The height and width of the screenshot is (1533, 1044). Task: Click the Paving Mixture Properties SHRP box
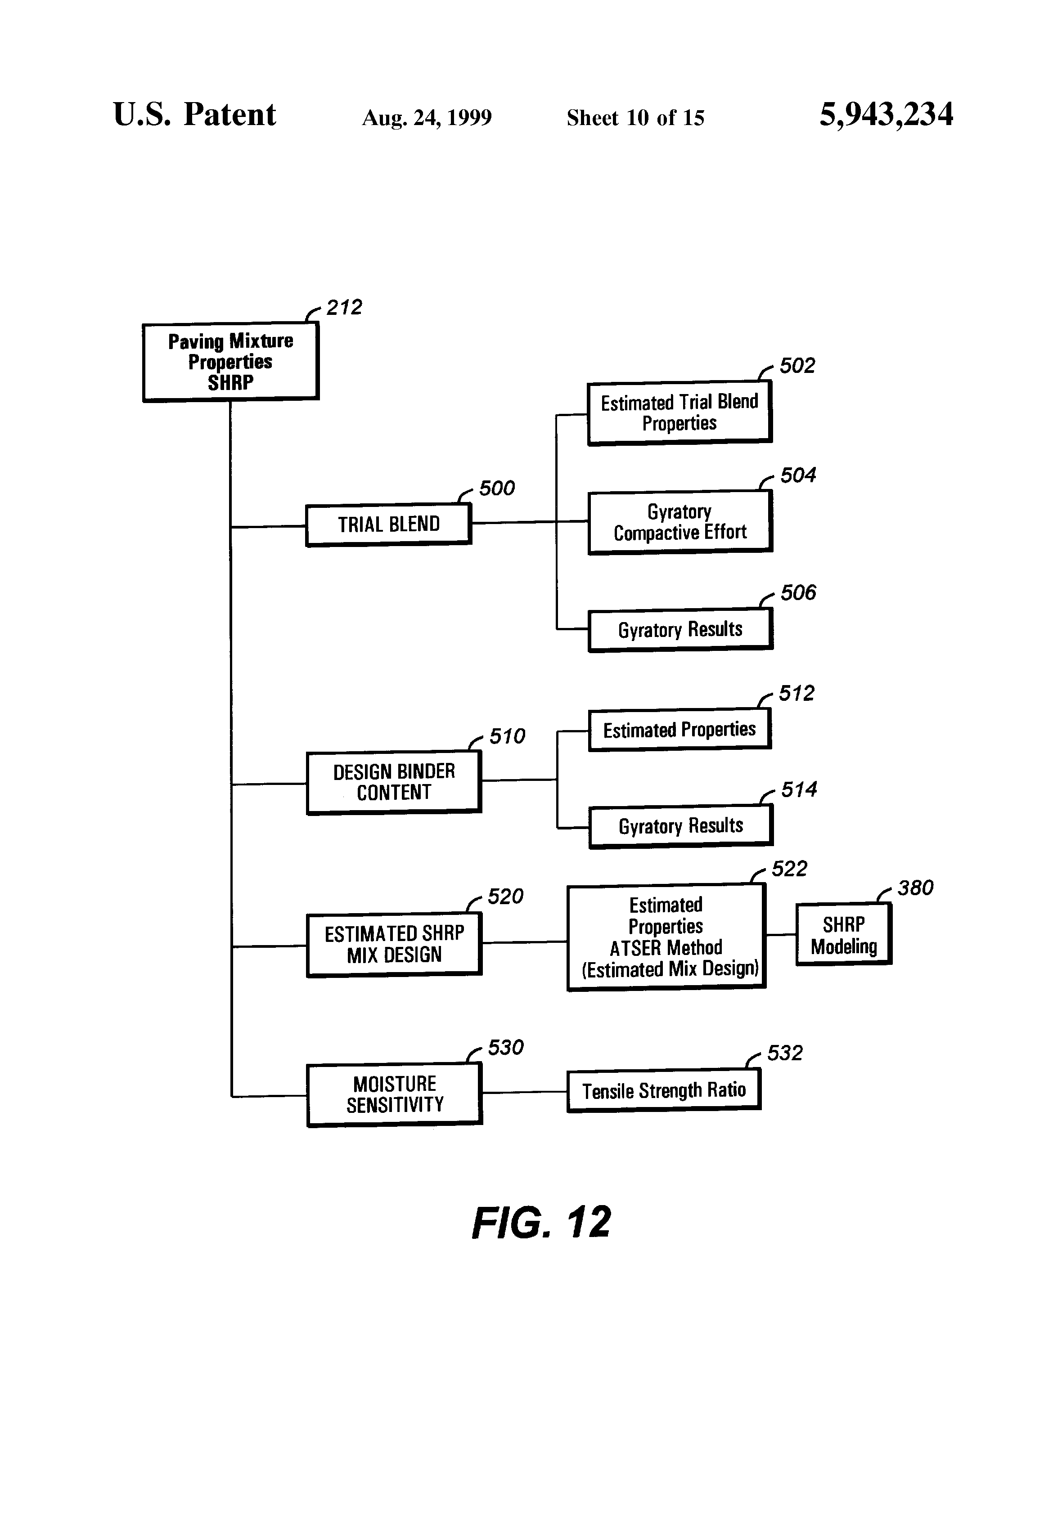[230, 362]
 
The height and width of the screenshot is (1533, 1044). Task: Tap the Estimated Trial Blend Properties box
[679, 412]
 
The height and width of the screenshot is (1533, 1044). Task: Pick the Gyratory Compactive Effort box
[679, 522]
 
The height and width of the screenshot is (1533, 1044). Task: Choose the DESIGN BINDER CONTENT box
[394, 782]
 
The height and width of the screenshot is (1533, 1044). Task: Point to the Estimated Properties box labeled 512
[679, 730]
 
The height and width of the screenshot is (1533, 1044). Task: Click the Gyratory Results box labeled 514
[680, 826]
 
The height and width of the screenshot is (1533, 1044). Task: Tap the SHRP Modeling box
[843, 935]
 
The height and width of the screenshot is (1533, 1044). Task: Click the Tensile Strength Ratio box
[663, 1090]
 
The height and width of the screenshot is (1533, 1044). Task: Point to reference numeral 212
[344, 307]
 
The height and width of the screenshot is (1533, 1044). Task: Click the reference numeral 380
[915, 888]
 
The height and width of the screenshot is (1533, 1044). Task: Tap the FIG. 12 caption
[541, 1222]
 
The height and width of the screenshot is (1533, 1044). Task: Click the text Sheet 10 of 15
[635, 118]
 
